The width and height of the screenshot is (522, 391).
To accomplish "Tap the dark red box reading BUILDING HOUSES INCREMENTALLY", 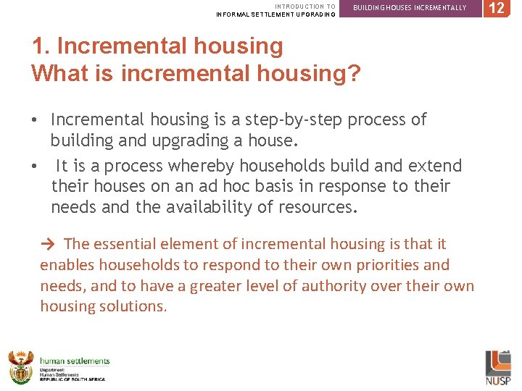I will pos(409,8).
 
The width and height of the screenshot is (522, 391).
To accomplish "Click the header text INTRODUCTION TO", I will pos(304,6).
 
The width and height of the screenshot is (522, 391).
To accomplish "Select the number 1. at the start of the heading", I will pos(41,46).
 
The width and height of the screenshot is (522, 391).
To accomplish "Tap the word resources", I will pos(320,209).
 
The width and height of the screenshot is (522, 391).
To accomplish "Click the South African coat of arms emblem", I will pos(20,367).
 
